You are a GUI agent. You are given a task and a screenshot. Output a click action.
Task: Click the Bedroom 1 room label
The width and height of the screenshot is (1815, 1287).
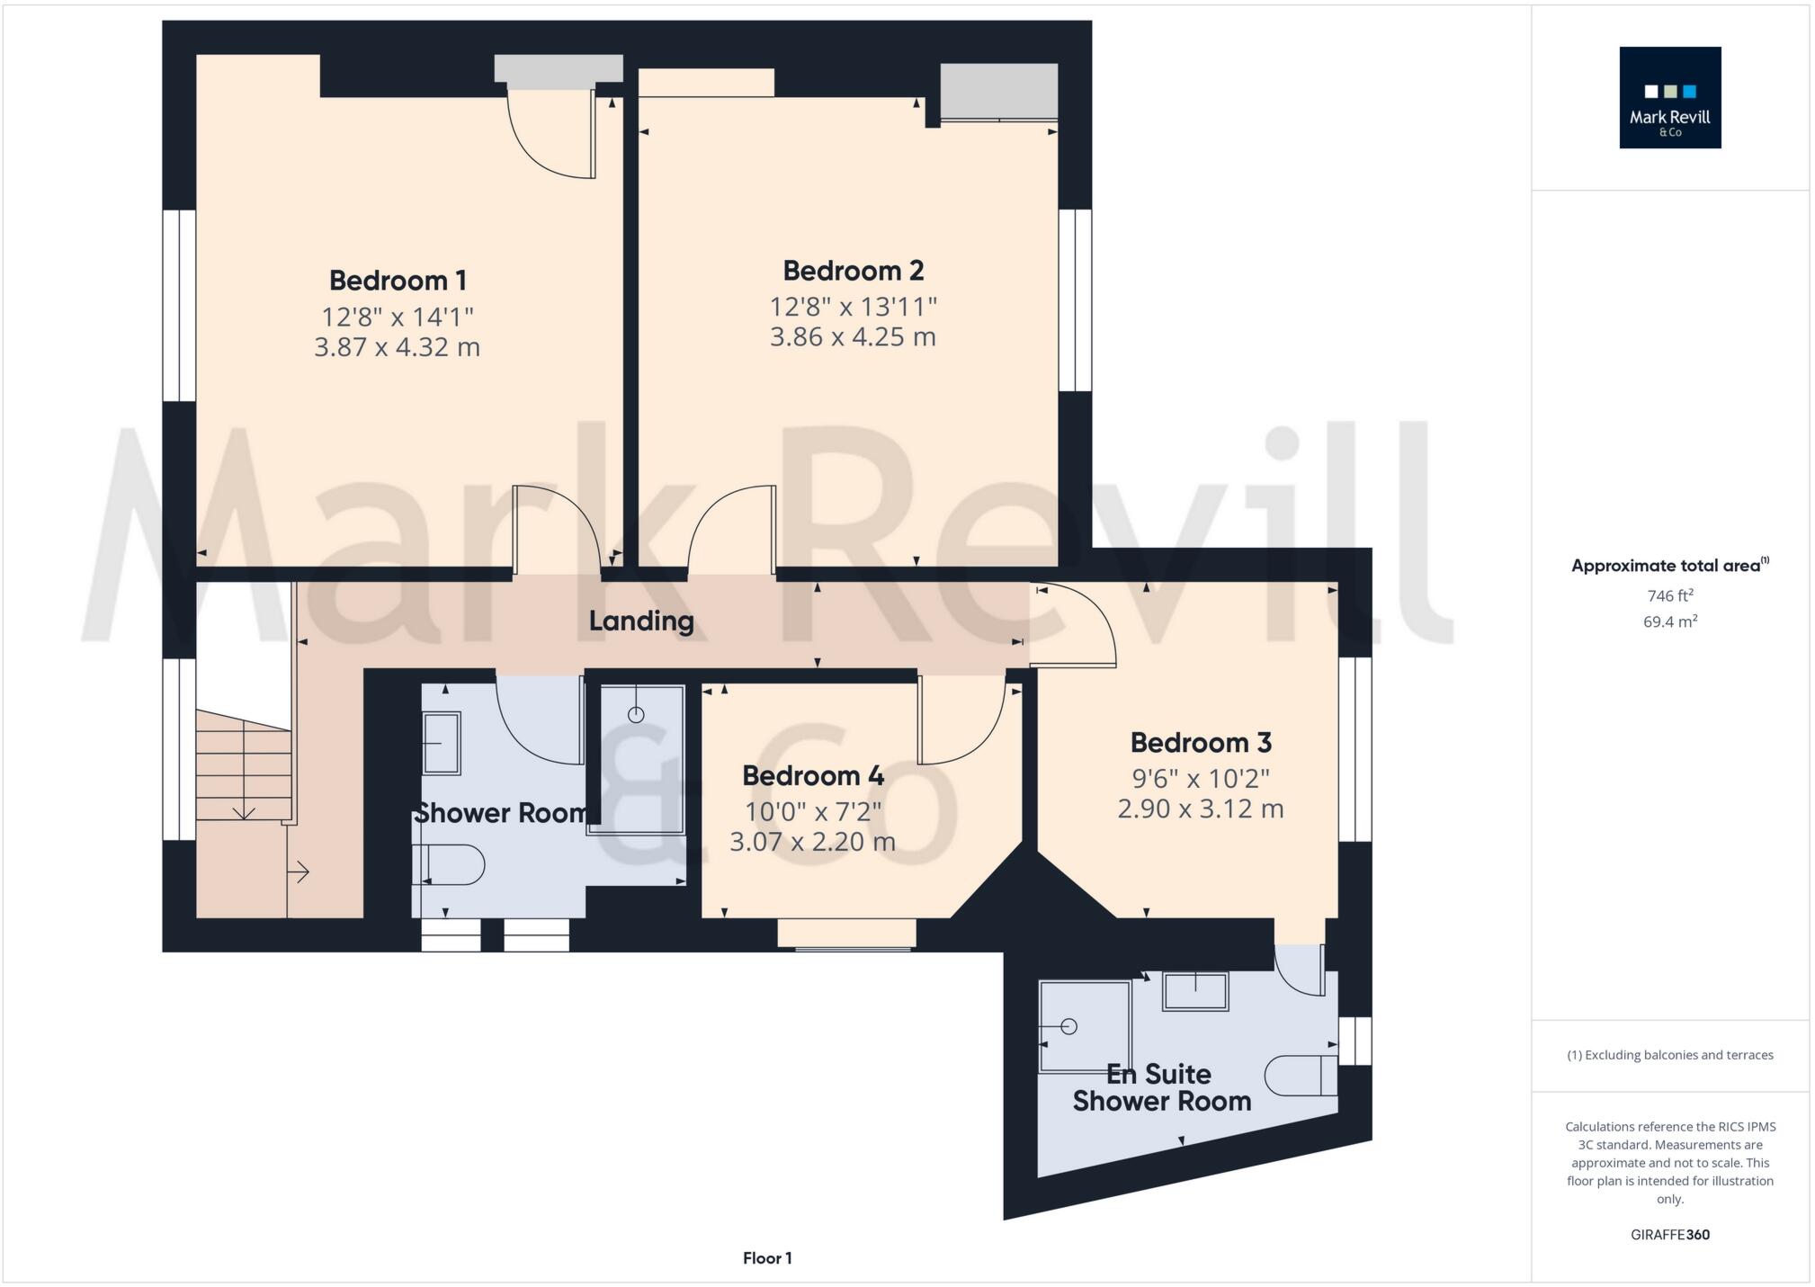pyautogui.click(x=398, y=281)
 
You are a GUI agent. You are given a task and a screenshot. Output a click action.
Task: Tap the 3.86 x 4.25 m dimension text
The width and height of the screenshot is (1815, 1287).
pyautogui.click(x=853, y=337)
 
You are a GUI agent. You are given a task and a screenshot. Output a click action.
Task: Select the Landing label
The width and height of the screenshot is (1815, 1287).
pyautogui.click(x=641, y=621)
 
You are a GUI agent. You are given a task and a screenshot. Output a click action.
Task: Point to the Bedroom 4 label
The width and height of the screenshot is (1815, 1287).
pyautogui.click(x=813, y=775)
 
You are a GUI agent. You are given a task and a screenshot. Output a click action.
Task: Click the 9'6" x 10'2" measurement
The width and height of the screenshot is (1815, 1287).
pyautogui.click(x=1201, y=778)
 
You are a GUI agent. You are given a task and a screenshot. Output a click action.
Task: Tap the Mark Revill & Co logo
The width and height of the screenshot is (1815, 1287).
pyautogui.click(x=1669, y=98)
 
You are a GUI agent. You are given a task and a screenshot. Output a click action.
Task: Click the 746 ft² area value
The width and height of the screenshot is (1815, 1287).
pyautogui.click(x=1669, y=595)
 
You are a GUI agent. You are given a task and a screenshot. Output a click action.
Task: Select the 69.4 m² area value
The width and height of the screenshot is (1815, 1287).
pyautogui.click(x=1669, y=621)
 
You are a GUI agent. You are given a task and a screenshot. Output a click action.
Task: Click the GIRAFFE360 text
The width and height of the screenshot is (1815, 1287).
pyautogui.click(x=1669, y=1235)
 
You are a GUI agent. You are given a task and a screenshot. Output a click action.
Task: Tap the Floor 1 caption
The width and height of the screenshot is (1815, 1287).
pyautogui.click(x=767, y=1258)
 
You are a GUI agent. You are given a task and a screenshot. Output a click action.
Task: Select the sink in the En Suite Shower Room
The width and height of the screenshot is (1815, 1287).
pyautogui.click(x=1195, y=991)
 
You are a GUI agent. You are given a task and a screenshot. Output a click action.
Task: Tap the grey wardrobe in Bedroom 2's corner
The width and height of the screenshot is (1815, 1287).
pyautogui.click(x=998, y=91)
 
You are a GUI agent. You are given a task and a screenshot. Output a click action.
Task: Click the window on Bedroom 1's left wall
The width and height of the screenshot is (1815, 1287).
pyautogui.click(x=180, y=306)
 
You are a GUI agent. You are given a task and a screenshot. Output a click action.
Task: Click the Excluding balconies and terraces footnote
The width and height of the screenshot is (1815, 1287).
pyautogui.click(x=1669, y=1055)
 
